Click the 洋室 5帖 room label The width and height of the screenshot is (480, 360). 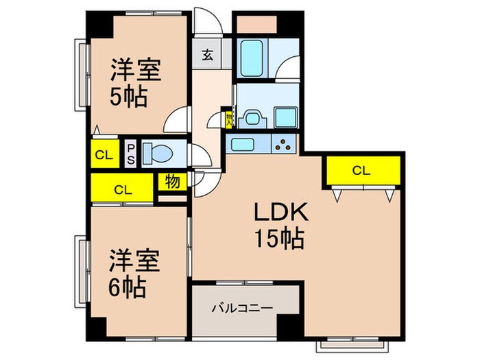click(136, 84)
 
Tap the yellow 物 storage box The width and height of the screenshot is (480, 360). click(171, 182)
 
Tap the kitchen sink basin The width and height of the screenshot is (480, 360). click(243, 145)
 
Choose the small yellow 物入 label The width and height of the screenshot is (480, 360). click(229, 119)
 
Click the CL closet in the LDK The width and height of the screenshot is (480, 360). click(363, 171)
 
